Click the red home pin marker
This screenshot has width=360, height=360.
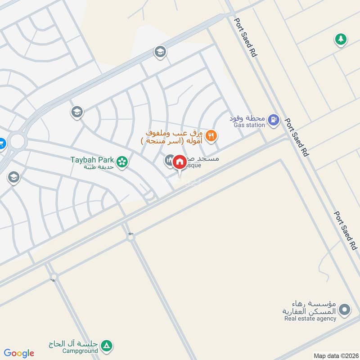tap(179, 162)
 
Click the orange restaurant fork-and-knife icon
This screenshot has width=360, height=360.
tap(211, 135)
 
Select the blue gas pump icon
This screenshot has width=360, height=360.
tap(273, 120)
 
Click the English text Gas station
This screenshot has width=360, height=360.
tap(249, 125)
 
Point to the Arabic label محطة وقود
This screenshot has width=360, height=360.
tap(250, 117)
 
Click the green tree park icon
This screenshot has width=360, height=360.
tap(341, 40)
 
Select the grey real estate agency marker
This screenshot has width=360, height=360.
tap(344, 310)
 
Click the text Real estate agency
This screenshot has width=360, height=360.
tap(310, 319)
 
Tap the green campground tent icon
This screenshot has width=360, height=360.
tap(107, 346)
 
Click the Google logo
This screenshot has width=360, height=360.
tap(19, 353)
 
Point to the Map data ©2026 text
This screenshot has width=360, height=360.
tap(335, 355)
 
